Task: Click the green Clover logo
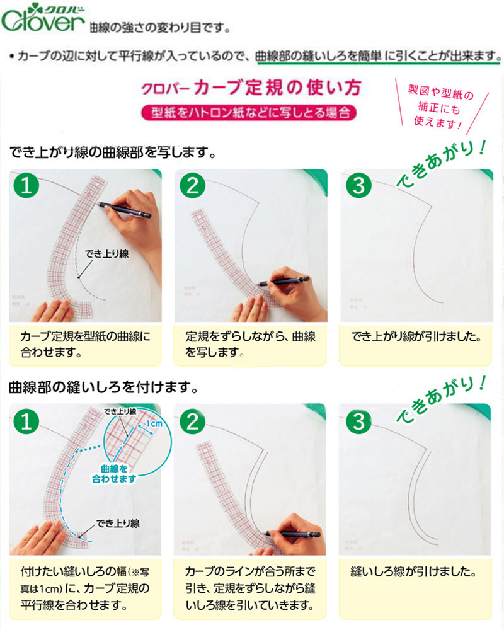43,18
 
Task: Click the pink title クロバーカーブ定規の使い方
251,88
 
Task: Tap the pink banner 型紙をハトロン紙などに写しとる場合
249,113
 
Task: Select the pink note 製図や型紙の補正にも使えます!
441,107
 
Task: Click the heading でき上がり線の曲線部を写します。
113,152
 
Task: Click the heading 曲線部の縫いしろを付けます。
104,387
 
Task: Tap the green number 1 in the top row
26,186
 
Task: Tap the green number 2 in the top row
193,186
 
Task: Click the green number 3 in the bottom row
358,421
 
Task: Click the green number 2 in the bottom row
193,421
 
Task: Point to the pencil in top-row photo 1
123,210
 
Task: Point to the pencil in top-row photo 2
283,280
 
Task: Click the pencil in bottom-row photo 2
292,534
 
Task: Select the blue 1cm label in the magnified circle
154,423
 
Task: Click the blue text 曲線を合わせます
114,474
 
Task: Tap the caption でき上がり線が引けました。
416,336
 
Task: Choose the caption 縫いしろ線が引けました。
413,571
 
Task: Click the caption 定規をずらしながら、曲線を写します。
250,345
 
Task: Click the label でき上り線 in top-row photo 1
107,253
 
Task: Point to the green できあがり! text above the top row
441,164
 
